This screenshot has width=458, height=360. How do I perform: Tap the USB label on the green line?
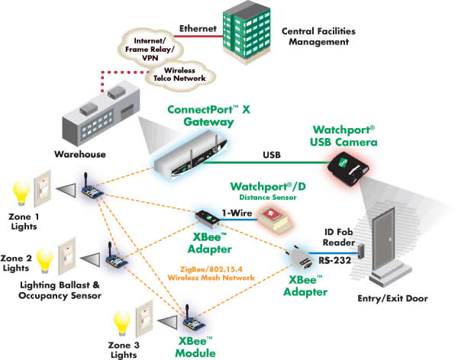coord(270,155)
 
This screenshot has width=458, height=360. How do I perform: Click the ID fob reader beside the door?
coord(363,249)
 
